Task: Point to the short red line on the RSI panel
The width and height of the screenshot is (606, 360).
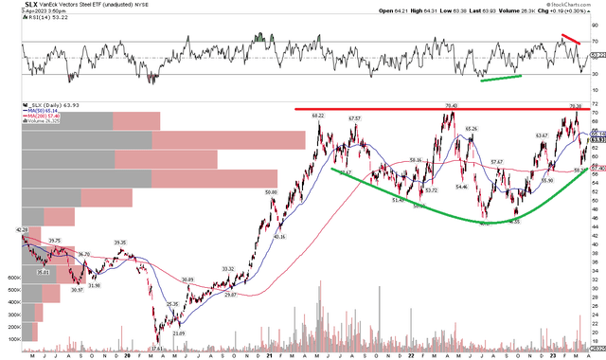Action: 570,40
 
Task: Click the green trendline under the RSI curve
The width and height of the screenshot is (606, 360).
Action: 502,76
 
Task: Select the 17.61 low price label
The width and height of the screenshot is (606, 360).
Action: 156,348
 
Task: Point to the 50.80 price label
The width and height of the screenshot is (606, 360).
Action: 272,191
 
